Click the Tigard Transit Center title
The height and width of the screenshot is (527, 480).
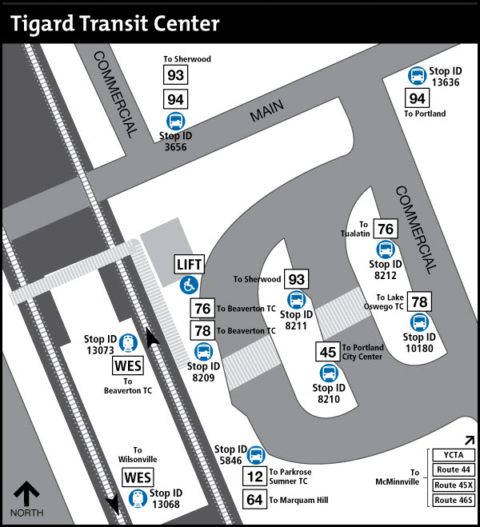(115, 23)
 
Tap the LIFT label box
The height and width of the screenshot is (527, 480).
(190, 265)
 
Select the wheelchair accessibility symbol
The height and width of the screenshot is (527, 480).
(190, 283)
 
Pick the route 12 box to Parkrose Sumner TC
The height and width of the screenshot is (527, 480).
(254, 477)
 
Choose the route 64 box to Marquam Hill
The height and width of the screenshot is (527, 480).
(254, 500)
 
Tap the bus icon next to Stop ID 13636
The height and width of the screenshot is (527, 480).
(417, 76)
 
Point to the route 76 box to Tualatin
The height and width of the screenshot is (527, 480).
(386, 229)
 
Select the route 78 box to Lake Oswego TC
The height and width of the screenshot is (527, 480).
(419, 302)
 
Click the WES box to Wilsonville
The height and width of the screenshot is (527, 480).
(134, 477)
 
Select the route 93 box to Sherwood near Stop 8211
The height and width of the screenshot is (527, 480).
(297, 279)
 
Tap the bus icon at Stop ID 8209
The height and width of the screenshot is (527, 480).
(203, 351)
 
